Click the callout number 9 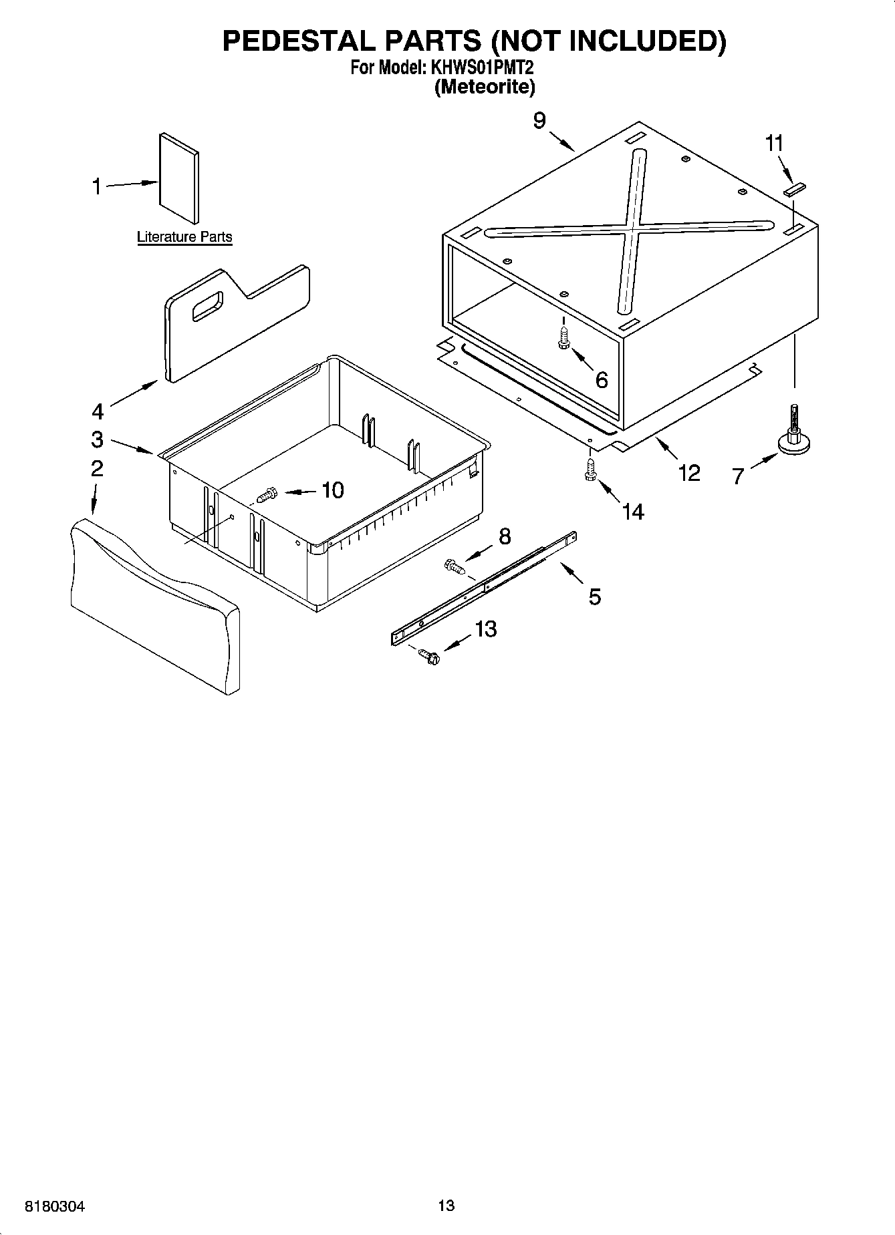tap(539, 121)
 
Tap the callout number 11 tap(774, 144)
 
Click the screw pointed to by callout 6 tap(563, 338)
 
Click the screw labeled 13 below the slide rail tap(428, 657)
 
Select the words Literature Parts tap(184, 237)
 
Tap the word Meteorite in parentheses tap(485, 87)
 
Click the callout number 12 tap(688, 473)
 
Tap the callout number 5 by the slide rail tap(594, 596)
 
